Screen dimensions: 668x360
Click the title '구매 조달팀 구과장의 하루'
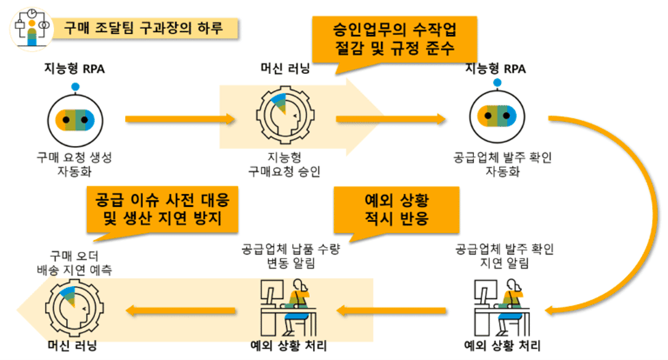143,28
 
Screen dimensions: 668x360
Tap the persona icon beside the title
31,29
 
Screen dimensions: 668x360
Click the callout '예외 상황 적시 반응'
396,210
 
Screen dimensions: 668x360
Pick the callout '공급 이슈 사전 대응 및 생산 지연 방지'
163,209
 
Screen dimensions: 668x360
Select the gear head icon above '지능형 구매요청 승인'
285,115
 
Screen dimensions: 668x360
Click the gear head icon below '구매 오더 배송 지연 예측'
74,308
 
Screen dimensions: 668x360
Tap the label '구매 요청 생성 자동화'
75,165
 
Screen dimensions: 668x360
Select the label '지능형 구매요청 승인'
284,165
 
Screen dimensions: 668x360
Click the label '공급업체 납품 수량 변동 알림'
290,256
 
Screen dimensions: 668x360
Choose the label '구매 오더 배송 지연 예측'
75,263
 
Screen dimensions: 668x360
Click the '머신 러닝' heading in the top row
285,68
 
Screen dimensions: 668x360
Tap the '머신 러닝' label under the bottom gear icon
73,345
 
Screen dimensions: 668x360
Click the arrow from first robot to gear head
180,119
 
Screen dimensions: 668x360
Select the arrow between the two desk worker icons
391,311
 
